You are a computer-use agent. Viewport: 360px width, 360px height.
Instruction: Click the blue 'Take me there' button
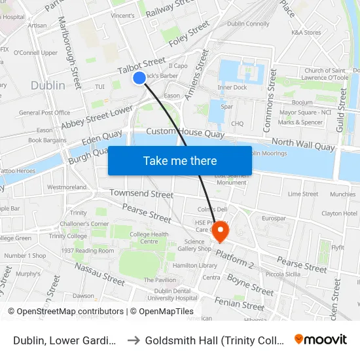pyautogui.click(x=180, y=160)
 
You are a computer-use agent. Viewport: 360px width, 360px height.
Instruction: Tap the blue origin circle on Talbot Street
pyautogui.click(x=139, y=78)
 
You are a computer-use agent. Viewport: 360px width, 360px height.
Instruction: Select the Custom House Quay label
pyautogui.click(x=185, y=133)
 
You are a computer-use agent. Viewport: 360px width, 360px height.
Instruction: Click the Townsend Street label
pyautogui.click(x=141, y=194)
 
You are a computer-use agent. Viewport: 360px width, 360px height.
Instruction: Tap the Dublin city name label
pyautogui.click(x=48, y=85)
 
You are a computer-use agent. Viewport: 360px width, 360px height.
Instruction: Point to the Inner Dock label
pyautogui.click(x=232, y=87)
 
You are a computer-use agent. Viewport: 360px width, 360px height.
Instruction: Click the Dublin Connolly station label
pyautogui.click(x=248, y=24)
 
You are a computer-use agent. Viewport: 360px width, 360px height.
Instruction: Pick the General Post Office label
pyautogui.click(x=45, y=113)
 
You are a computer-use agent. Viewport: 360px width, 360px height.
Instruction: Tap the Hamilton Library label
pyautogui.click(x=195, y=266)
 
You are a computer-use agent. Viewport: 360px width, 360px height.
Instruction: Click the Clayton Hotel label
pyautogui.click(x=340, y=213)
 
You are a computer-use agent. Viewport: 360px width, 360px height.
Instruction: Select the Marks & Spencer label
pyautogui.click(x=300, y=122)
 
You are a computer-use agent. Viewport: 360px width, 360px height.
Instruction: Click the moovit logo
pyautogui.click(x=321, y=339)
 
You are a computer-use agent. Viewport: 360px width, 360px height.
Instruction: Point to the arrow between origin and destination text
pyautogui.click(x=133, y=340)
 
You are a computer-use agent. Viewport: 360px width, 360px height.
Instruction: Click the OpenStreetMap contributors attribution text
pyautogui.click(x=65, y=312)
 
